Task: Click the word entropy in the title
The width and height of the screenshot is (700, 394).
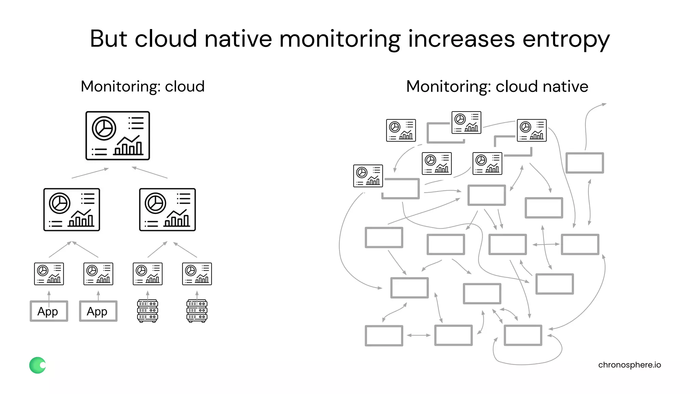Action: (566, 39)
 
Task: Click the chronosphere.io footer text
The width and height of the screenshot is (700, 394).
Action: (629, 365)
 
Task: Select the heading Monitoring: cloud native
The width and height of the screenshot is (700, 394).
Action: (497, 87)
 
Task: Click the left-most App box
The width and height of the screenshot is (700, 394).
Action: (49, 311)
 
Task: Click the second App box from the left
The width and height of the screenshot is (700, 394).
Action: (98, 311)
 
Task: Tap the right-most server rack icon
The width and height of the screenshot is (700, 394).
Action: (197, 311)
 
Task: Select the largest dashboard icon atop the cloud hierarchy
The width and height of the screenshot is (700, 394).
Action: (118, 135)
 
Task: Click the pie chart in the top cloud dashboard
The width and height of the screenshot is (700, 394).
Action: (104, 128)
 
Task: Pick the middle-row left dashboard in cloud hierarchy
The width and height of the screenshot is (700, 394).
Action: (72, 210)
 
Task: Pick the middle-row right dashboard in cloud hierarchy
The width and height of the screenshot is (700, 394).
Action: (167, 210)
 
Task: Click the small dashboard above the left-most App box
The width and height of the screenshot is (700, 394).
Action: (49, 274)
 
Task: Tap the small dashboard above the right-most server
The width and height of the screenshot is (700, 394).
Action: (197, 274)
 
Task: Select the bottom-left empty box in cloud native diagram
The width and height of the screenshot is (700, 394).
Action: (384, 336)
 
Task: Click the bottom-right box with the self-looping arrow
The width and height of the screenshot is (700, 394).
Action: (523, 335)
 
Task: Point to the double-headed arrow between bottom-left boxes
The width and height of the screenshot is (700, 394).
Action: (419, 335)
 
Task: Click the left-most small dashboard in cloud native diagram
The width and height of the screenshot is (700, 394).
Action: (368, 176)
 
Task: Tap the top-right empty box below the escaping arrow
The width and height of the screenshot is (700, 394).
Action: (584, 163)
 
